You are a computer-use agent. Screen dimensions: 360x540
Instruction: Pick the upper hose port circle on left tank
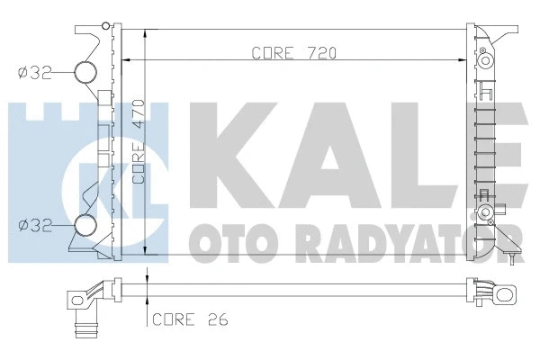click(x=85, y=74)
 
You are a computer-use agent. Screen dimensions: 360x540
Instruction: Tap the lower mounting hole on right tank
click(x=487, y=214)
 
